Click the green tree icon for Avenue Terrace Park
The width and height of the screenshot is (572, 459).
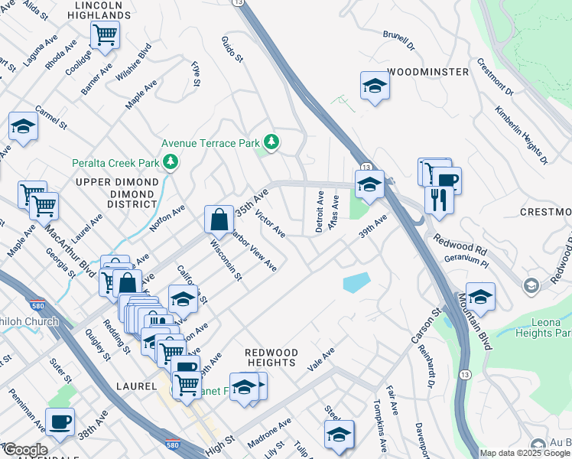[271, 142]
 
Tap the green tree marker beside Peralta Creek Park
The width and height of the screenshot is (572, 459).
[171, 161]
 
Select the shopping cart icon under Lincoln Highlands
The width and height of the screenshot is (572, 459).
[105, 33]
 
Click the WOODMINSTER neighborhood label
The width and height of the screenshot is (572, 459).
[427, 72]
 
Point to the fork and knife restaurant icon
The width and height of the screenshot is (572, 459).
[439, 199]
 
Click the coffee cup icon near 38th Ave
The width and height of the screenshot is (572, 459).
[60, 421]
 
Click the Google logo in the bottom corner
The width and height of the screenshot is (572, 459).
[24, 450]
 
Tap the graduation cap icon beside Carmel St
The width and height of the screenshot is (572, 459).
[23, 126]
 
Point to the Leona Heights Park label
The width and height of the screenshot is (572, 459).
[551, 328]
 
